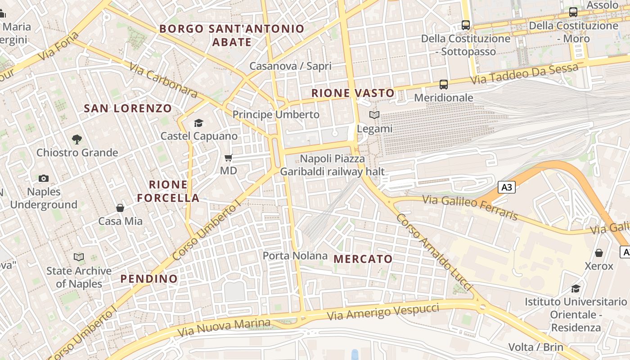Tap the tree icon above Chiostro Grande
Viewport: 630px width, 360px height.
click(x=77, y=139)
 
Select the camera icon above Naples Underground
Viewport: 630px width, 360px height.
click(x=44, y=178)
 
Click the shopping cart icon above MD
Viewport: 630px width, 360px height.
click(x=229, y=157)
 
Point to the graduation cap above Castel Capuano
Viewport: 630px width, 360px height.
click(x=198, y=123)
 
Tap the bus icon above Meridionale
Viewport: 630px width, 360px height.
click(x=444, y=84)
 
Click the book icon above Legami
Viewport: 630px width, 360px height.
click(x=374, y=115)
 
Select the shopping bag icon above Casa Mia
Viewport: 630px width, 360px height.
click(x=120, y=207)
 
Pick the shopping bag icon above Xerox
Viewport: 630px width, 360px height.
click(x=599, y=252)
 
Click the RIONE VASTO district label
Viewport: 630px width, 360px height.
click(x=353, y=93)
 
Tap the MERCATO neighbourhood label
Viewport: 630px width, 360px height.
click(x=363, y=259)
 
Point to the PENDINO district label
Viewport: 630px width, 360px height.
click(x=149, y=279)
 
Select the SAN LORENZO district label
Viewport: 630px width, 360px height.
click(x=128, y=108)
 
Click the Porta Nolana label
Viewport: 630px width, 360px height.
click(x=295, y=256)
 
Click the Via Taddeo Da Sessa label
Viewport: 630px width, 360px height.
click(x=524, y=74)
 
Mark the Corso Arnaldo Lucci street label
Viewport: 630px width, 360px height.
click(x=433, y=252)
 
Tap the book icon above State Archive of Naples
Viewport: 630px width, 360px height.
click(x=79, y=257)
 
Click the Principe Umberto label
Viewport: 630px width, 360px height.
click(x=276, y=114)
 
